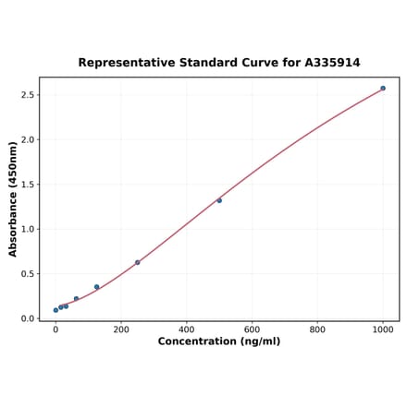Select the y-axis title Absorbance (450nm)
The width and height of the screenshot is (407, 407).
13,198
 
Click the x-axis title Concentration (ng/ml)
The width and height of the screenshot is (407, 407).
219,341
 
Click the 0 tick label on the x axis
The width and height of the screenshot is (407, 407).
55,329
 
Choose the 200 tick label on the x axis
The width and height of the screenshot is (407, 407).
121,329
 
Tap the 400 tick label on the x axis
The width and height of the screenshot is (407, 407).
187,329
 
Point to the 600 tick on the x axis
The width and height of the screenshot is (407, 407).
252,329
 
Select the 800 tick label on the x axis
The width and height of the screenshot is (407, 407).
317,329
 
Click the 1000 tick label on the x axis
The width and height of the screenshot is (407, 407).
383,329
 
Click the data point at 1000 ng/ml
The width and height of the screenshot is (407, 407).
383,89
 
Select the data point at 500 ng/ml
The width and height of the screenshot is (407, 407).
219,200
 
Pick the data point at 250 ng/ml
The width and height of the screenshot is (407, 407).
138,263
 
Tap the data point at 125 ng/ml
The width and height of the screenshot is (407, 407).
96,287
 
